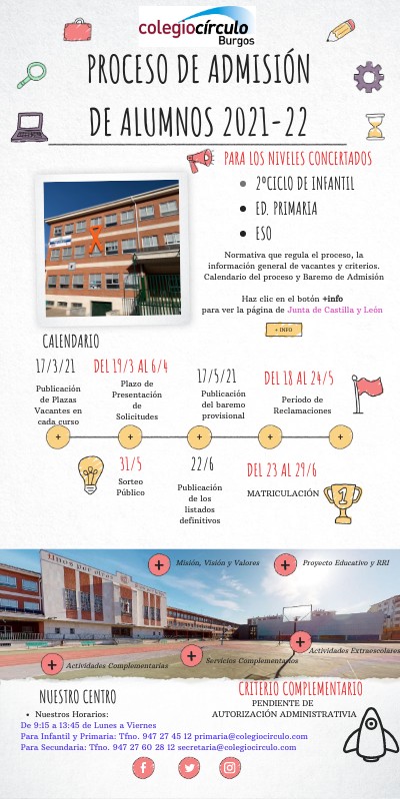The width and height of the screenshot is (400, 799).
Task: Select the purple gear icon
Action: point(368,76)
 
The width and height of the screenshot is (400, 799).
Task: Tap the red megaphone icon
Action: point(201,158)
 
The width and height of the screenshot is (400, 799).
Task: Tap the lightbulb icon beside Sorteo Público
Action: point(92,473)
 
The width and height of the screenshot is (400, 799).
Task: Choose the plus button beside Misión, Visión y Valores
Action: point(158,564)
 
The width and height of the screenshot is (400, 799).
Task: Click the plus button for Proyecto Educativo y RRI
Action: point(285,564)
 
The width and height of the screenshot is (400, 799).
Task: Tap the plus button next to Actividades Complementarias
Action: point(50,664)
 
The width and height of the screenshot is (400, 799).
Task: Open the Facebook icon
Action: point(146,767)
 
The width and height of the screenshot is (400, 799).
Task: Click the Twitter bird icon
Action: point(188,767)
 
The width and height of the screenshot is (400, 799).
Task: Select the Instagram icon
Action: point(230,767)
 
